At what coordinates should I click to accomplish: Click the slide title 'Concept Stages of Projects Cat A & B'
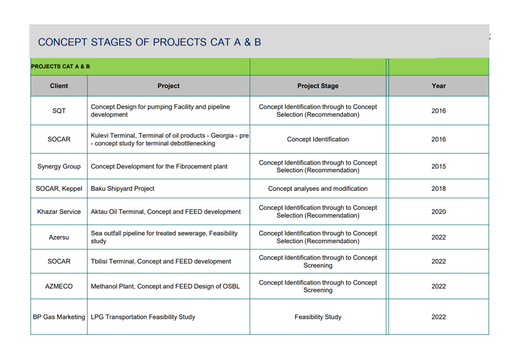[150, 42]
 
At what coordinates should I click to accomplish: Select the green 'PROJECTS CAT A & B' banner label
[60, 66]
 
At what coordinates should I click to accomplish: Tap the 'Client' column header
[59, 86]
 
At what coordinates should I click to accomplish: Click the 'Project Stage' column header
[318, 86]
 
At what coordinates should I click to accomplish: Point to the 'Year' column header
[438, 86]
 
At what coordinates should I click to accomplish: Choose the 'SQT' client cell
[59, 111]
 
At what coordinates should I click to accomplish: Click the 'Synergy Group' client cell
[59, 166]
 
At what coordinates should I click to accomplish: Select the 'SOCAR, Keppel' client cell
[59, 188]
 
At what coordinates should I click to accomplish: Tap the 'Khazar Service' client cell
[59, 212]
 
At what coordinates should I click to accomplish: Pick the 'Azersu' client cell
[59, 237]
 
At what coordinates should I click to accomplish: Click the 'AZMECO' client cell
[59, 286]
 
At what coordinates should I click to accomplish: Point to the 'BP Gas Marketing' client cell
[59, 317]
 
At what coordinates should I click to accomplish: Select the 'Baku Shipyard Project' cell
[123, 188]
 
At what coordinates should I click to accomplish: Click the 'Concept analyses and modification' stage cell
[318, 188]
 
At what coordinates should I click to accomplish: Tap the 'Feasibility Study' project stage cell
[318, 317]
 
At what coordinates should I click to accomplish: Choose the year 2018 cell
[438, 188]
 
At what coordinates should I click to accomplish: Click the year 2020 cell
[438, 212]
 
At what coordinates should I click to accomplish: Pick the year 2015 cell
[438, 166]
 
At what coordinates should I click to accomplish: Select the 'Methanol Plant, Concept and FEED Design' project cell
[165, 286]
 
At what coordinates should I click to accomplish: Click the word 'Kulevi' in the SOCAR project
[100, 135]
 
